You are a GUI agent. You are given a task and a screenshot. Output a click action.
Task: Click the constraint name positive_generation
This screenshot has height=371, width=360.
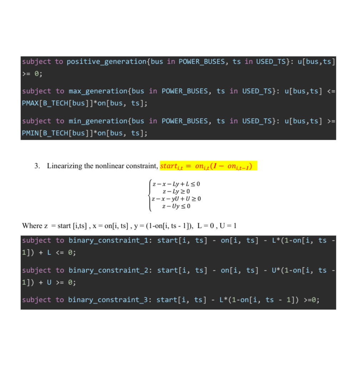point(106,62)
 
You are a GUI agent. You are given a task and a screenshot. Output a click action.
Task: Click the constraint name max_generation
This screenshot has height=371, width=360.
point(98,91)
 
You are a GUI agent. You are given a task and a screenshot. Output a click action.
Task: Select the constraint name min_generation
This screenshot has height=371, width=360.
point(98,121)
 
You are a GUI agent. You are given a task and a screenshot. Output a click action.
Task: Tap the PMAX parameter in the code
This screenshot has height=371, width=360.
point(30,103)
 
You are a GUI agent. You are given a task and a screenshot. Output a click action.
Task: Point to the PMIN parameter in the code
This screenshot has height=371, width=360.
point(30,133)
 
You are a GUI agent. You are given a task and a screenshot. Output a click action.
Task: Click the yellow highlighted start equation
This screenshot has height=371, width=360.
point(209,166)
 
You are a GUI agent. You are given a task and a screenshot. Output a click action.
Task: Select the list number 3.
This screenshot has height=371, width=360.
point(37,166)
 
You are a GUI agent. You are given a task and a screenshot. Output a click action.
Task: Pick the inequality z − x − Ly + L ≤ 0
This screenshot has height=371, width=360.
point(176,184)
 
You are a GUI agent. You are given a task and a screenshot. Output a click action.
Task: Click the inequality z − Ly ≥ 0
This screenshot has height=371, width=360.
point(176,191)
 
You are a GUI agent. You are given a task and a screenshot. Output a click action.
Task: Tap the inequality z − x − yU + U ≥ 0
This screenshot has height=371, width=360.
point(176,199)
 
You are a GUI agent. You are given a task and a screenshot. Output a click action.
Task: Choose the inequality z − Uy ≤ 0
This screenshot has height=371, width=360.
point(176,206)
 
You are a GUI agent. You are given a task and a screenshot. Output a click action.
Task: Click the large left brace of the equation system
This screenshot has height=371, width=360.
point(150,195)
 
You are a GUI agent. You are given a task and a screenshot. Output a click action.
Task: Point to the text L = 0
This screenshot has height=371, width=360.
point(206,226)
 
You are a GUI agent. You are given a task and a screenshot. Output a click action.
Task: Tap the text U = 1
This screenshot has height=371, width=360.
point(228,226)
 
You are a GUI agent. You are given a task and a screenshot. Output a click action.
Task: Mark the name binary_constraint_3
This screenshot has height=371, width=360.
point(108,300)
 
